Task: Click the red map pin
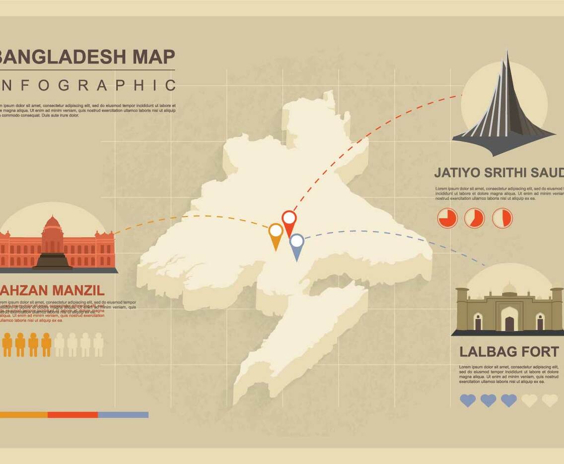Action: coord(289,220)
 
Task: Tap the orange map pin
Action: coord(276,233)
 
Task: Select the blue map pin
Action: coord(296,244)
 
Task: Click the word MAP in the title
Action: coord(153,57)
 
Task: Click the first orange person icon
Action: coord(7,345)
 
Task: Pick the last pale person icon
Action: coord(98,345)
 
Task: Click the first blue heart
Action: coord(468,400)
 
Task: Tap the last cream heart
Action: coord(550,400)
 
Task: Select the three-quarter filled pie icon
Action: coord(447,218)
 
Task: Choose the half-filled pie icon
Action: coord(502,218)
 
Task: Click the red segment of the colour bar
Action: coord(73,414)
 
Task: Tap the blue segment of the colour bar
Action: coord(123,414)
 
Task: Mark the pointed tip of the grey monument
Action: coord(507,53)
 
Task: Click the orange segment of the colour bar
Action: coord(23,414)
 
